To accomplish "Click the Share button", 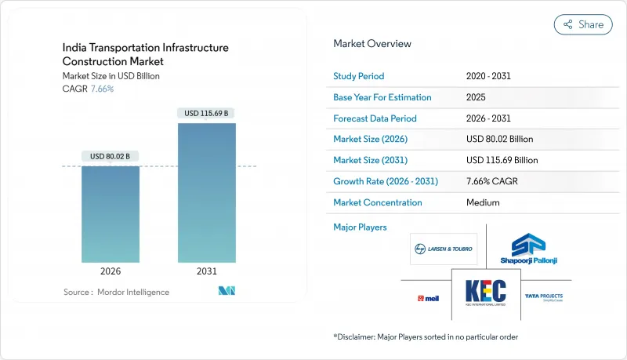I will click(x=583, y=24).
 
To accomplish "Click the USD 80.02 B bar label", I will click(x=111, y=156).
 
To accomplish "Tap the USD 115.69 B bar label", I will click(x=207, y=113).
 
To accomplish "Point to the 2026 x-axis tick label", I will click(x=111, y=271).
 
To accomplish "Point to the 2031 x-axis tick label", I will click(x=207, y=271).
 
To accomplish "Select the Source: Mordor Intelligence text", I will click(x=116, y=292).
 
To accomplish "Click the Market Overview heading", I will click(x=372, y=44).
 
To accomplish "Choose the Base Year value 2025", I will click(x=476, y=97).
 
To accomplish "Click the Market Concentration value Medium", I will click(x=483, y=202).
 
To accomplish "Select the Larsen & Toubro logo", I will click(x=444, y=249).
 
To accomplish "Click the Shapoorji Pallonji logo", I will click(x=528, y=249).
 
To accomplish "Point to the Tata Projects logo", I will click(x=544, y=297).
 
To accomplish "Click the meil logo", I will click(x=428, y=298).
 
